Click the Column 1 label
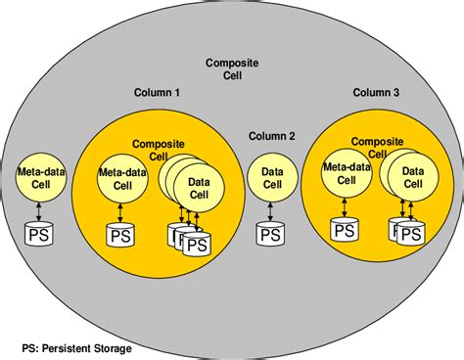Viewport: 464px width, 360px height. (x=156, y=93)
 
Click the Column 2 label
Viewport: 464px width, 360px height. (x=271, y=135)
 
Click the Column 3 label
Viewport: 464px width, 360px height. (x=377, y=93)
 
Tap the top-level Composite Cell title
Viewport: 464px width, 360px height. (x=232, y=69)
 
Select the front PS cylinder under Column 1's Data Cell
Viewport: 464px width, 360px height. (x=198, y=245)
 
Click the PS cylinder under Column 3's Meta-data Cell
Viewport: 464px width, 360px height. (x=345, y=230)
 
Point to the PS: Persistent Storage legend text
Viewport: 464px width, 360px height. (x=76, y=347)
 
